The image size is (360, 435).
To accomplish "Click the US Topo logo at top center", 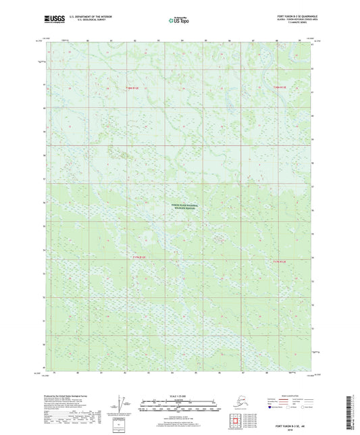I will pos(179,22).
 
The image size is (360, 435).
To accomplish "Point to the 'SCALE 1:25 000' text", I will pos(180,393).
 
